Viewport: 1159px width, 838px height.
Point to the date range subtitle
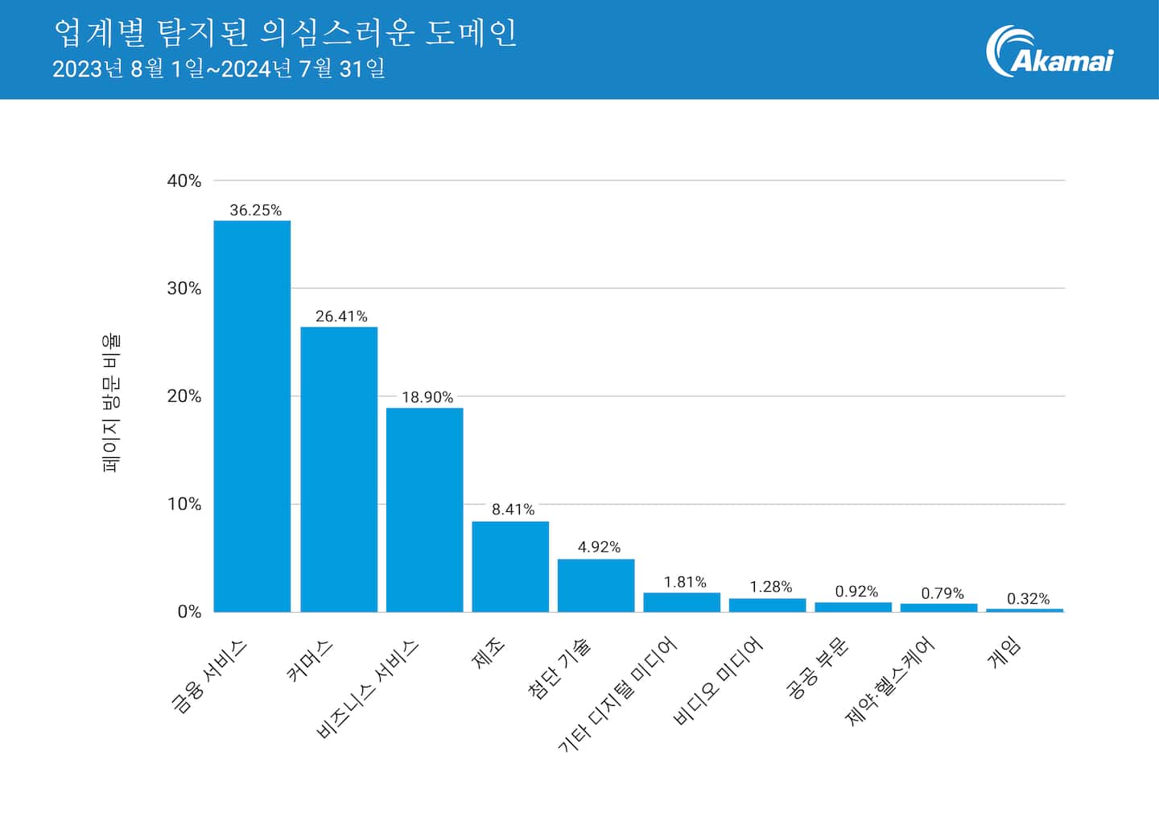point(219,68)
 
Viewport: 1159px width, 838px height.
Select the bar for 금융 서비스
point(252,416)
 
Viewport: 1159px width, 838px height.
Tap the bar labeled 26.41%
point(339,469)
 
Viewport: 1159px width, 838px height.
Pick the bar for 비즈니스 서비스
point(424,510)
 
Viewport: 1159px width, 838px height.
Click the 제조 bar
point(510,567)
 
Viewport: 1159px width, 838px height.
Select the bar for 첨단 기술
point(596,585)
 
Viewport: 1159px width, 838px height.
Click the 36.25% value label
point(255,210)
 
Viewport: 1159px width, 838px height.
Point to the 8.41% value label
point(513,510)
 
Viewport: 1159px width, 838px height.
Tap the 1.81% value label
point(685,582)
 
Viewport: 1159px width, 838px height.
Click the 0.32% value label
point(1028,599)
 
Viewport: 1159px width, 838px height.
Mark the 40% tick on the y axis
point(184,181)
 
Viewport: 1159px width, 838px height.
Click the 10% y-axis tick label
point(184,505)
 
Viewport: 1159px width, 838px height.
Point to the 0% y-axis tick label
point(189,612)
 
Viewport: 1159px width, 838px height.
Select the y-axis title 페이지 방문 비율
point(111,402)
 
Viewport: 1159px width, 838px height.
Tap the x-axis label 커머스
point(310,660)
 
